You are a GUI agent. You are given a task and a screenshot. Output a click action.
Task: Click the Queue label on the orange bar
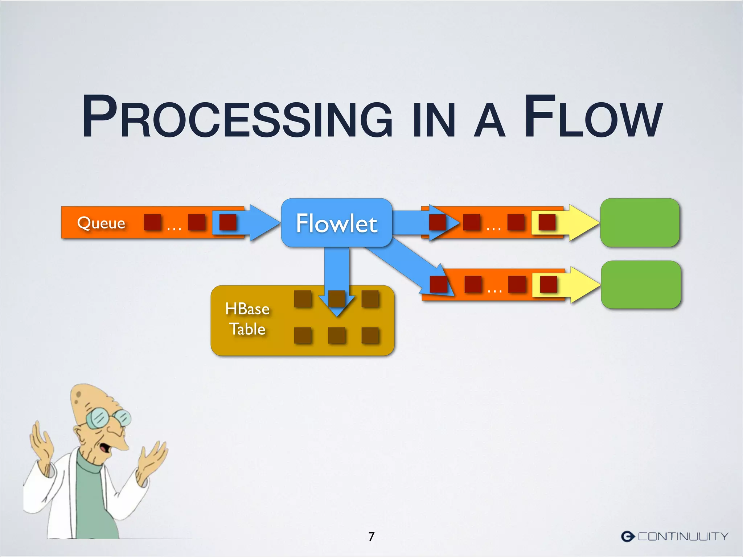pos(101,222)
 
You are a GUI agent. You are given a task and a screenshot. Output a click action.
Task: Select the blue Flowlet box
pos(337,223)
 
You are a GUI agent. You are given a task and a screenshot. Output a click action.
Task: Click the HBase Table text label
pos(247,319)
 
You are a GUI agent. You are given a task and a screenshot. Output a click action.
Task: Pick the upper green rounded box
pos(640,223)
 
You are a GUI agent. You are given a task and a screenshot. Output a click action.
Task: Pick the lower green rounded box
pos(641,285)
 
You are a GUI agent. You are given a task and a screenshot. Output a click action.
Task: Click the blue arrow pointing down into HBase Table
pos(337,276)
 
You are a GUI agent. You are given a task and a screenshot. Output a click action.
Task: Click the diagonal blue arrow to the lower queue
pos(403,265)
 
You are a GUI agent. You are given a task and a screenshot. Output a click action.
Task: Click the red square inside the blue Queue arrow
pos(228,222)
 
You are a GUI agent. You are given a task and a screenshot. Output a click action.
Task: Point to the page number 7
pos(371,536)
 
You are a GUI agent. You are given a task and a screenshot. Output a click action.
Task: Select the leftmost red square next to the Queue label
pos(152,222)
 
